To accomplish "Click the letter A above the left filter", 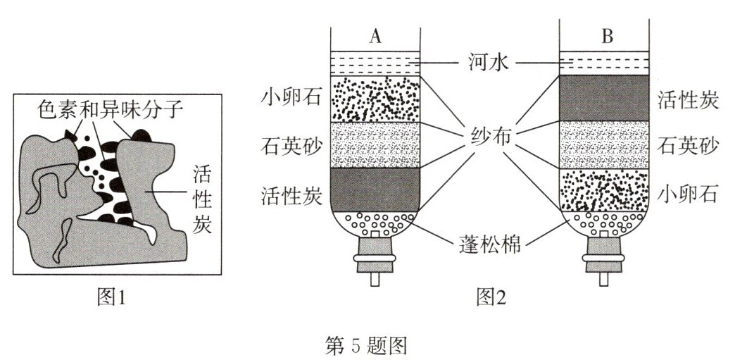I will point(375,37).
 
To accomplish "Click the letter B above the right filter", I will point(607,37).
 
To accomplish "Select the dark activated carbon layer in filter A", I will point(375,190).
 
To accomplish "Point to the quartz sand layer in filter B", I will point(603,145).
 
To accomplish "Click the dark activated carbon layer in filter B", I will point(603,99).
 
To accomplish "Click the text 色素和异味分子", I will point(103,111).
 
